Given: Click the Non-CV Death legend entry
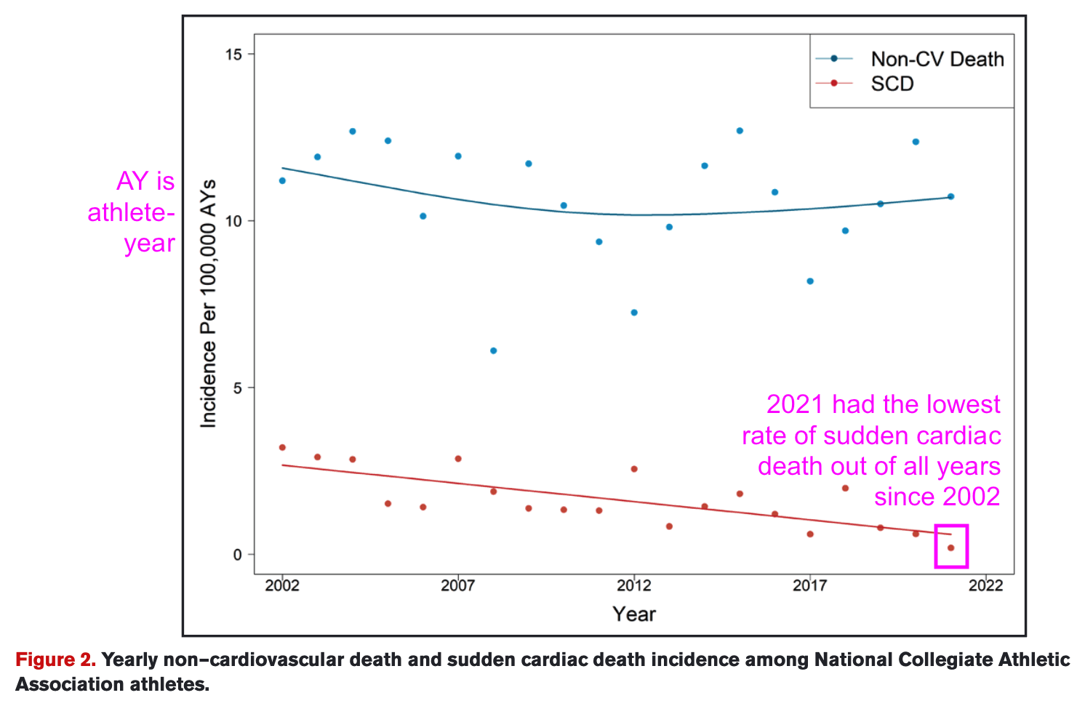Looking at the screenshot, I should pyautogui.click(x=937, y=59).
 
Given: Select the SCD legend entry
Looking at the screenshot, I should pyautogui.click(x=892, y=84).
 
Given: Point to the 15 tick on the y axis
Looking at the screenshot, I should pyautogui.click(x=234, y=54).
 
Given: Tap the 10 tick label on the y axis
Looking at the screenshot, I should pyautogui.click(x=234, y=221).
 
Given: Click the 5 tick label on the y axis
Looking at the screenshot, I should pyautogui.click(x=237, y=388).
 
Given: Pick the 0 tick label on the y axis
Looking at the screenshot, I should pyautogui.click(x=237, y=555).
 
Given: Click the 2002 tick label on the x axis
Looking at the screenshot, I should pyautogui.click(x=282, y=585).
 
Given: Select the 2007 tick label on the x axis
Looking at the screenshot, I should pyautogui.click(x=458, y=585).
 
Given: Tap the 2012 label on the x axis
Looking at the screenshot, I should pyautogui.click(x=634, y=585).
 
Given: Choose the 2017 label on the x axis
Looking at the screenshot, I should pyautogui.click(x=810, y=585).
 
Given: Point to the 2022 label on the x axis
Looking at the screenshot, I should pyautogui.click(x=986, y=585).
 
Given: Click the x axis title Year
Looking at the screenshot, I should pyautogui.click(x=634, y=614).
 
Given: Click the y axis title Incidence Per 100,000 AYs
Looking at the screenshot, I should pyautogui.click(x=209, y=303).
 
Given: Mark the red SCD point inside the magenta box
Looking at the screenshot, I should pyautogui.click(x=950, y=547).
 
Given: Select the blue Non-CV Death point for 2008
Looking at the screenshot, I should pyautogui.click(x=493, y=350).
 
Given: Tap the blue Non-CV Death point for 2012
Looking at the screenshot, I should pyautogui.click(x=634, y=313).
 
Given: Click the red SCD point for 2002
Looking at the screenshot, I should pyautogui.click(x=282, y=447).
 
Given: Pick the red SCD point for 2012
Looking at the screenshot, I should pyautogui.click(x=634, y=469).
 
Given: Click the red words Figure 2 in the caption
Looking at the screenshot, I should pyautogui.click(x=55, y=659).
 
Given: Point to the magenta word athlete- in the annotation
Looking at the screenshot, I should pyautogui.click(x=131, y=212).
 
